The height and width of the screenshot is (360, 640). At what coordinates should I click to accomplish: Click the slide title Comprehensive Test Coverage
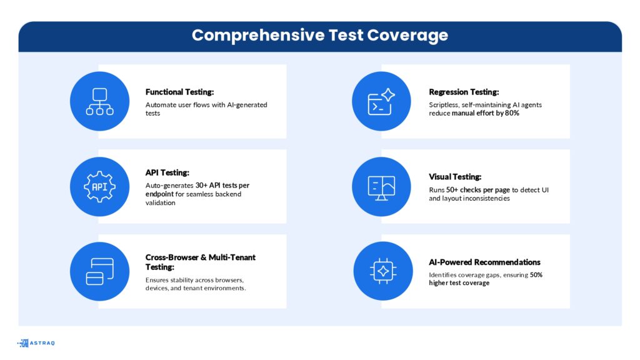pyautogui.click(x=320, y=35)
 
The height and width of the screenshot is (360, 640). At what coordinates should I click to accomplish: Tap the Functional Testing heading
pyautogui.click(x=179, y=92)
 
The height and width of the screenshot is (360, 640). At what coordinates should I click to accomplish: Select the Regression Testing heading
pyautogui.click(x=464, y=92)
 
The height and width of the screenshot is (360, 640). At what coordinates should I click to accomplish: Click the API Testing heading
pyautogui.click(x=167, y=172)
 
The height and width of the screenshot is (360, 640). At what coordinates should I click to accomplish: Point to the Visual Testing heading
pyautogui.click(x=455, y=177)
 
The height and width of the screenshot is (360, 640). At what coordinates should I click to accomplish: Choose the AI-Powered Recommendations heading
pyautogui.click(x=484, y=262)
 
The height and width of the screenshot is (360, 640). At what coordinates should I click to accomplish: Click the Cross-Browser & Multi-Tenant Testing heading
pyautogui.click(x=201, y=262)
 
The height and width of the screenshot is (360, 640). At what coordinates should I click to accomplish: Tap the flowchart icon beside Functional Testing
pyautogui.click(x=99, y=101)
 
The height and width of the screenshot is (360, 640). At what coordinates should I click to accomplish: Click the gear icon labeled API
pyautogui.click(x=99, y=186)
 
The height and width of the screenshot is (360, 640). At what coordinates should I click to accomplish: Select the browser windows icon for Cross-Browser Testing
pyautogui.click(x=99, y=271)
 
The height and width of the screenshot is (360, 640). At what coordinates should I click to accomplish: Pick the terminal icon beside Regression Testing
pyautogui.click(x=381, y=102)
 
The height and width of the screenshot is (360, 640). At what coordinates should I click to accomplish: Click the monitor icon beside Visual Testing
pyautogui.click(x=381, y=187)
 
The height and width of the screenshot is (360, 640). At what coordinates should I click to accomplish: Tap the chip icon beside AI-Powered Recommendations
pyautogui.click(x=383, y=271)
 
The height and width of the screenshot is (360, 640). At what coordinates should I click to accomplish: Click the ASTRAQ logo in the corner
pyautogui.click(x=36, y=343)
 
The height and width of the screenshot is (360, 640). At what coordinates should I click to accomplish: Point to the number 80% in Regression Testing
pyautogui.click(x=512, y=113)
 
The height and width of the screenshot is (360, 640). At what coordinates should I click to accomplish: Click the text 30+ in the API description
pyautogui.click(x=201, y=185)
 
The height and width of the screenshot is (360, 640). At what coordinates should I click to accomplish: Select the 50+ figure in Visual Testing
pyautogui.click(x=452, y=190)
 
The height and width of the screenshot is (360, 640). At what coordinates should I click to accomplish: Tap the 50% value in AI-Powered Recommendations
pyautogui.click(x=536, y=275)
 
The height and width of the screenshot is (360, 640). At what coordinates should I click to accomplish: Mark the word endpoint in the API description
pyautogui.click(x=159, y=194)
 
